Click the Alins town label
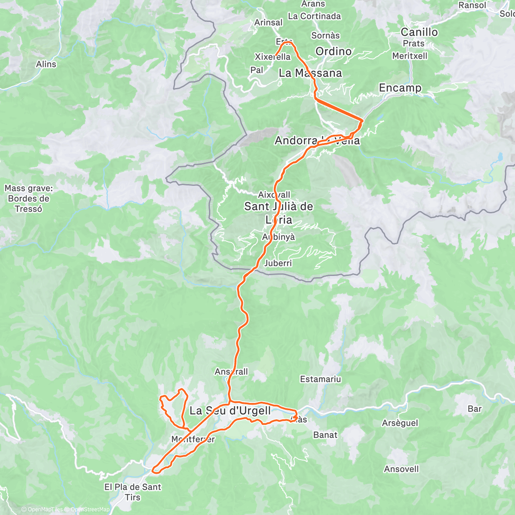46,64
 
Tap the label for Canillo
419,32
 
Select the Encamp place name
400,88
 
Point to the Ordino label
333,51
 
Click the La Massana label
310,73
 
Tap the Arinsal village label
268,22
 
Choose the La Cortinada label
314,16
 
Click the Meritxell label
409,56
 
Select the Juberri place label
278,263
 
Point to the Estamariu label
320,379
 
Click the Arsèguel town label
400,423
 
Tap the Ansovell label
401,469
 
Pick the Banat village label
325,435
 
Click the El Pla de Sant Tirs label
133,492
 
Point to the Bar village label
475,409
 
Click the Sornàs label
325,36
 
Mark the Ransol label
472,6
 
